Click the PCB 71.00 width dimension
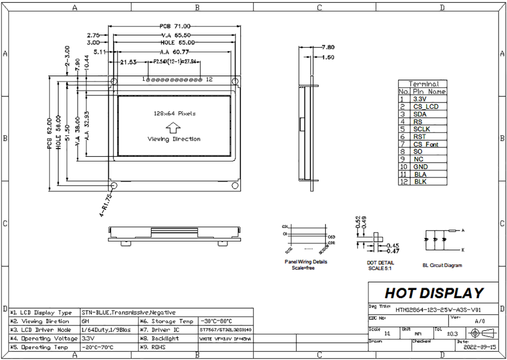[x=175, y=25]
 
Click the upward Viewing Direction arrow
[x=174, y=126]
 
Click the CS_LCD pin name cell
[x=426, y=107]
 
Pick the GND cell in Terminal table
[x=420, y=167]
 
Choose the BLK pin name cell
[x=420, y=182]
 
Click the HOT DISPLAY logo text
[x=433, y=293]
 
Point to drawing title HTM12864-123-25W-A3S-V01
[x=438, y=310]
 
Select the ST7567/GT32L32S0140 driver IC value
[x=225, y=330]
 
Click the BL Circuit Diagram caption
[x=442, y=265]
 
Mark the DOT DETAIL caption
[x=380, y=263]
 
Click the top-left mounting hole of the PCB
[x=114, y=81]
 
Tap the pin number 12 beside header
[x=209, y=79]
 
